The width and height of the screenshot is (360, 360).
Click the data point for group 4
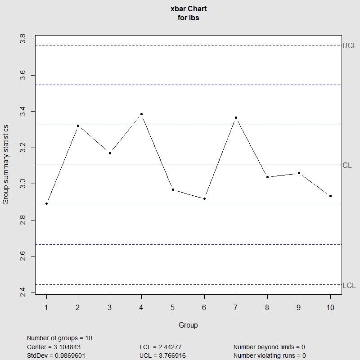[x=141, y=114]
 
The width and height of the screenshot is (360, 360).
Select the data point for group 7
[x=236, y=117]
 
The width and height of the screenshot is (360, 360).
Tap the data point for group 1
[x=46, y=203]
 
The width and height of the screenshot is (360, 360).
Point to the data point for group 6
[x=204, y=198]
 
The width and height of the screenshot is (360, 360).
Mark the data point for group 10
[x=331, y=196]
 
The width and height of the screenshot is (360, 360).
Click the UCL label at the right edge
[x=349, y=45]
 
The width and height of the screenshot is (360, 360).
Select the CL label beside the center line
[x=347, y=165]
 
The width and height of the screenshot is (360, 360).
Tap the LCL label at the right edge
[x=349, y=285]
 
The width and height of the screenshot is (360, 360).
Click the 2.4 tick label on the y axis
[x=22, y=293]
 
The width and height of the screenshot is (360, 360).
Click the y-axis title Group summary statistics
[x=6, y=165]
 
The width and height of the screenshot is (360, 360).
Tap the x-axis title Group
[x=188, y=325]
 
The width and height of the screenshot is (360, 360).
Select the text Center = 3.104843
[x=54, y=347]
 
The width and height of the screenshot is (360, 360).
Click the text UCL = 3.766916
[x=162, y=355]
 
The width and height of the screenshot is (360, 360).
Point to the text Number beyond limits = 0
[x=269, y=347]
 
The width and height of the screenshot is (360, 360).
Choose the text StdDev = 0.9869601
[x=56, y=355]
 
